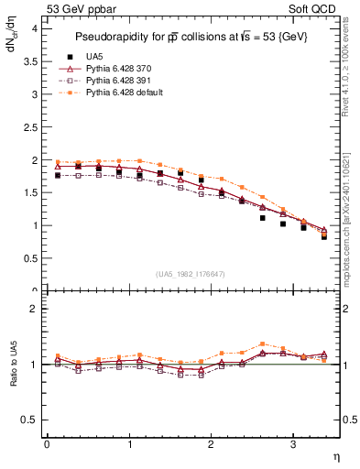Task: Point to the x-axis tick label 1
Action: click(x=128, y=444)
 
